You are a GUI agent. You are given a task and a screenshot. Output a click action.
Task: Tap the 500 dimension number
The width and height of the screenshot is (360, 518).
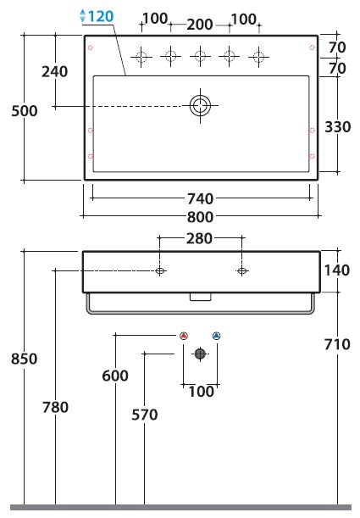25,111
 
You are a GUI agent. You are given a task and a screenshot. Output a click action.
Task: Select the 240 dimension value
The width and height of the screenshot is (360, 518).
55,71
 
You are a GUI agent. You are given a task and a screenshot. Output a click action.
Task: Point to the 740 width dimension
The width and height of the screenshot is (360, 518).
200,198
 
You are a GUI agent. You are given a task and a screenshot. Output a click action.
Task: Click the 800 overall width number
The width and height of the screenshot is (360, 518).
200,217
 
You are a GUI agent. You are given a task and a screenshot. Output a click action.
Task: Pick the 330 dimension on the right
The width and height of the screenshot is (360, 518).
338,127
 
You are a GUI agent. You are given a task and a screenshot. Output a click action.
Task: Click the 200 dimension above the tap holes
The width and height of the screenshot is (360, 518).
200,25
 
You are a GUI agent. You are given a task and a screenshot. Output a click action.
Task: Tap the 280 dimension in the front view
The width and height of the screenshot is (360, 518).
199,238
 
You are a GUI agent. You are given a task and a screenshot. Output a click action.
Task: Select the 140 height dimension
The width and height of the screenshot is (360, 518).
337,270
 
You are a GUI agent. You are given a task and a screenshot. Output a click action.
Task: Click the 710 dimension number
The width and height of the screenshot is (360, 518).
337,344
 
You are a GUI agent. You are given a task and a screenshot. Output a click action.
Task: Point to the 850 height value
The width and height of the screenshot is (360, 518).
24,359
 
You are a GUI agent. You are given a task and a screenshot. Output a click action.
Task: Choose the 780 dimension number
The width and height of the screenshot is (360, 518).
55,407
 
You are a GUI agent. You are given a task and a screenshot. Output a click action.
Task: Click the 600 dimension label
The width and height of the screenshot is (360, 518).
115,376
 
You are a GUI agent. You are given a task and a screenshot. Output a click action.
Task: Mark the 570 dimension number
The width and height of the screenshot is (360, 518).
145,415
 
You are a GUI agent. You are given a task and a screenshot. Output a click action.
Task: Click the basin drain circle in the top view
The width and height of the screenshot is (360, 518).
200,106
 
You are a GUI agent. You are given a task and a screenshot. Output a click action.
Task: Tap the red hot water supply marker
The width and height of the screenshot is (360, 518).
184,336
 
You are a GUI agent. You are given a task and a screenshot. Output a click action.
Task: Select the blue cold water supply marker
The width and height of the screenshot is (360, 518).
217,336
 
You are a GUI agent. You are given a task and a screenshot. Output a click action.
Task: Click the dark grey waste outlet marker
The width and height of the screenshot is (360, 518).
200,354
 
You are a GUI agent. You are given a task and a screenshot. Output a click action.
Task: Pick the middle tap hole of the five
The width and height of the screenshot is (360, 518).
200,56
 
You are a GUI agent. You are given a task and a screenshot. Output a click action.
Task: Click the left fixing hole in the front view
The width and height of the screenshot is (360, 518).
160,271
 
